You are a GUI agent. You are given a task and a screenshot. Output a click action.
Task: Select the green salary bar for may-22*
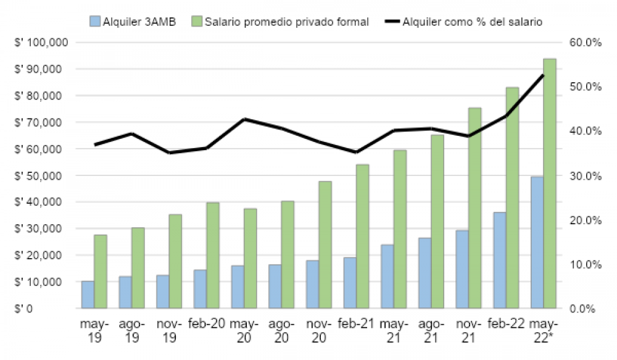[x=549, y=183]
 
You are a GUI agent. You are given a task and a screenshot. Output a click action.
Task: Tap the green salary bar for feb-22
[x=512, y=198]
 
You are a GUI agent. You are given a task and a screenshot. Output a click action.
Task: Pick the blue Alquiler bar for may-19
[x=88, y=295]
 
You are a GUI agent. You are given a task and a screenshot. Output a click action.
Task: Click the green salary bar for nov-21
[x=474, y=208]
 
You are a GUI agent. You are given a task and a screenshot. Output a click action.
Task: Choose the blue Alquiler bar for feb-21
[x=349, y=282]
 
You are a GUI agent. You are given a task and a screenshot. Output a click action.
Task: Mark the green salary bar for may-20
[x=250, y=258]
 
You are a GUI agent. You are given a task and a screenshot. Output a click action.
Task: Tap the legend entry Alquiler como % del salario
[x=471, y=22]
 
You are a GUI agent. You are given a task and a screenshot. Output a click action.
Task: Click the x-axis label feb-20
[x=206, y=324]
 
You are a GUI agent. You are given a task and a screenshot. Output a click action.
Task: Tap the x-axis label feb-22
[x=505, y=324]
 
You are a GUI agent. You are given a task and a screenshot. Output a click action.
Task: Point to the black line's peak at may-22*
[x=543, y=75]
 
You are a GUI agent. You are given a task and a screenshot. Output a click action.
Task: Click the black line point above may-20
[x=244, y=119]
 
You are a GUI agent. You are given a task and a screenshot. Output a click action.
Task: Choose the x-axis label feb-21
[x=356, y=324]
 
